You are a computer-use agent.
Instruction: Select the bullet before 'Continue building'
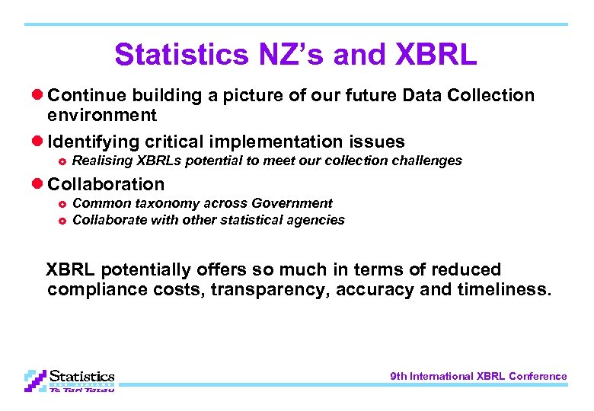pyautogui.click(x=38, y=96)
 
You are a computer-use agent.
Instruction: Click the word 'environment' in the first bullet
pyautogui.click(x=102, y=116)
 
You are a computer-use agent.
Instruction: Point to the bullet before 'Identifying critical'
pyautogui.click(x=38, y=142)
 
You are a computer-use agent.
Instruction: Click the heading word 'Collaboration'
pyautogui.click(x=106, y=184)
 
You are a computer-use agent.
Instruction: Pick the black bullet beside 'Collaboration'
pyautogui.click(x=38, y=185)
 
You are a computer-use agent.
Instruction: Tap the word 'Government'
pyautogui.click(x=296, y=203)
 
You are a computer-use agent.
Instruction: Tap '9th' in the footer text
pyautogui.click(x=398, y=376)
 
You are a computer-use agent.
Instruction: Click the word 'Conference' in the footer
pyautogui.click(x=538, y=376)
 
